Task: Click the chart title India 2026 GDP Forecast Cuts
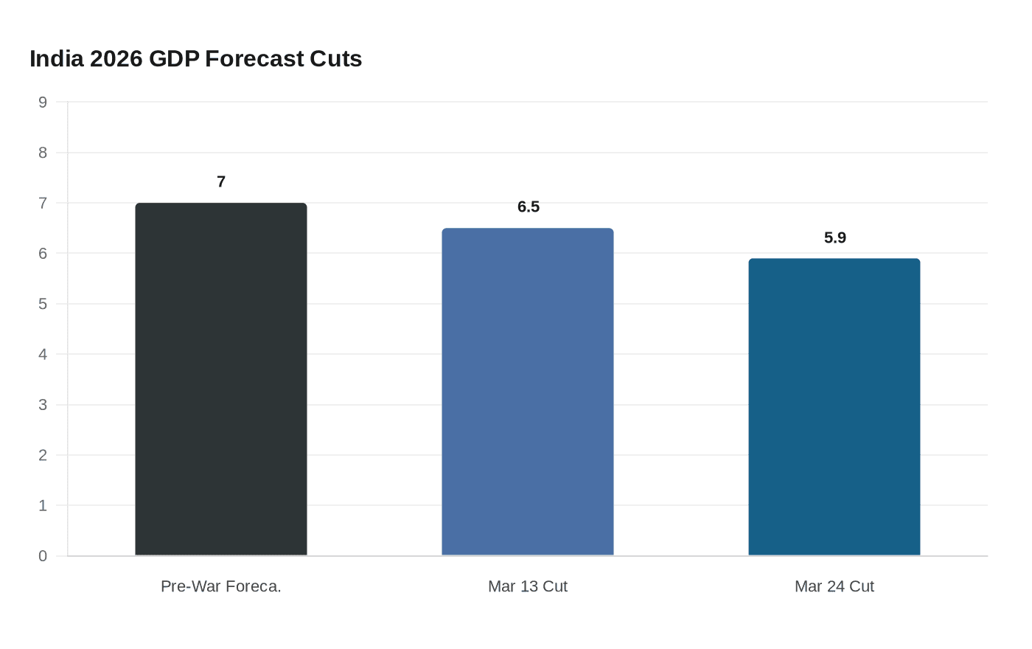[195, 58]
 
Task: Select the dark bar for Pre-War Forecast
[221, 379]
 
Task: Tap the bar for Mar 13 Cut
[528, 392]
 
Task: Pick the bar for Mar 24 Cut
[834, 407]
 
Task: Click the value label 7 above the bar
[221, 181]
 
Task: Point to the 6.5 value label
[529, 206]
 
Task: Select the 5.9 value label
[835, 237]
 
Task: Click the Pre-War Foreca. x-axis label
[221, 586]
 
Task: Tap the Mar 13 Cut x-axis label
[528, 586]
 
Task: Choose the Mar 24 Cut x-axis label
[834, 586]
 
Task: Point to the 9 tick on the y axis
[43, 102]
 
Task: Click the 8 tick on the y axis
[43, 153]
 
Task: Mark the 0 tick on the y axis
[43, 556]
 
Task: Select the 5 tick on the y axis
[43, 304]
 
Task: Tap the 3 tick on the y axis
[43, 405]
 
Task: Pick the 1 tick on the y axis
[43, 505]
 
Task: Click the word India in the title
[57, 58]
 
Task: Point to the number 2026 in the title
[116, 58]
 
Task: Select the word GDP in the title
[174, 58]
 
